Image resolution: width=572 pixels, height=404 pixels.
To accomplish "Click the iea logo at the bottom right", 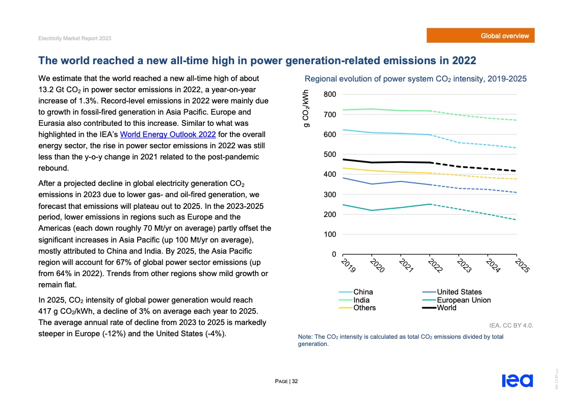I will [517, 381].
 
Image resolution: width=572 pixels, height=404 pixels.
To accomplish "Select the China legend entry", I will [362, 292].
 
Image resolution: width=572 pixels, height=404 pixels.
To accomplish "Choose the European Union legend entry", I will [463, 300].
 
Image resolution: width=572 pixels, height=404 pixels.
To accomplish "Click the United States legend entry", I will [459, 292].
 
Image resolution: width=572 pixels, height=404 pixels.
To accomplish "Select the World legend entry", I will [447, 308].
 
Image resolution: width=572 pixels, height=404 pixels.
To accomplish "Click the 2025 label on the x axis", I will [522, 265].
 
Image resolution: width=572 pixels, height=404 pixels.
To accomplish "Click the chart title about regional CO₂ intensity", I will [415, 79].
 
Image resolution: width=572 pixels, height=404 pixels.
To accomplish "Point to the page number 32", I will [295, 381].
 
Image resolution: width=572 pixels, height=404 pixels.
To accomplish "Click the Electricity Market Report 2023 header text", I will [74, 39].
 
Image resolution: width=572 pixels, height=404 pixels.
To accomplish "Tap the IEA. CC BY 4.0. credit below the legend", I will [511, 325].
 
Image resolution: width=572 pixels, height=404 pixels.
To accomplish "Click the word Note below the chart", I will [305, 337].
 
